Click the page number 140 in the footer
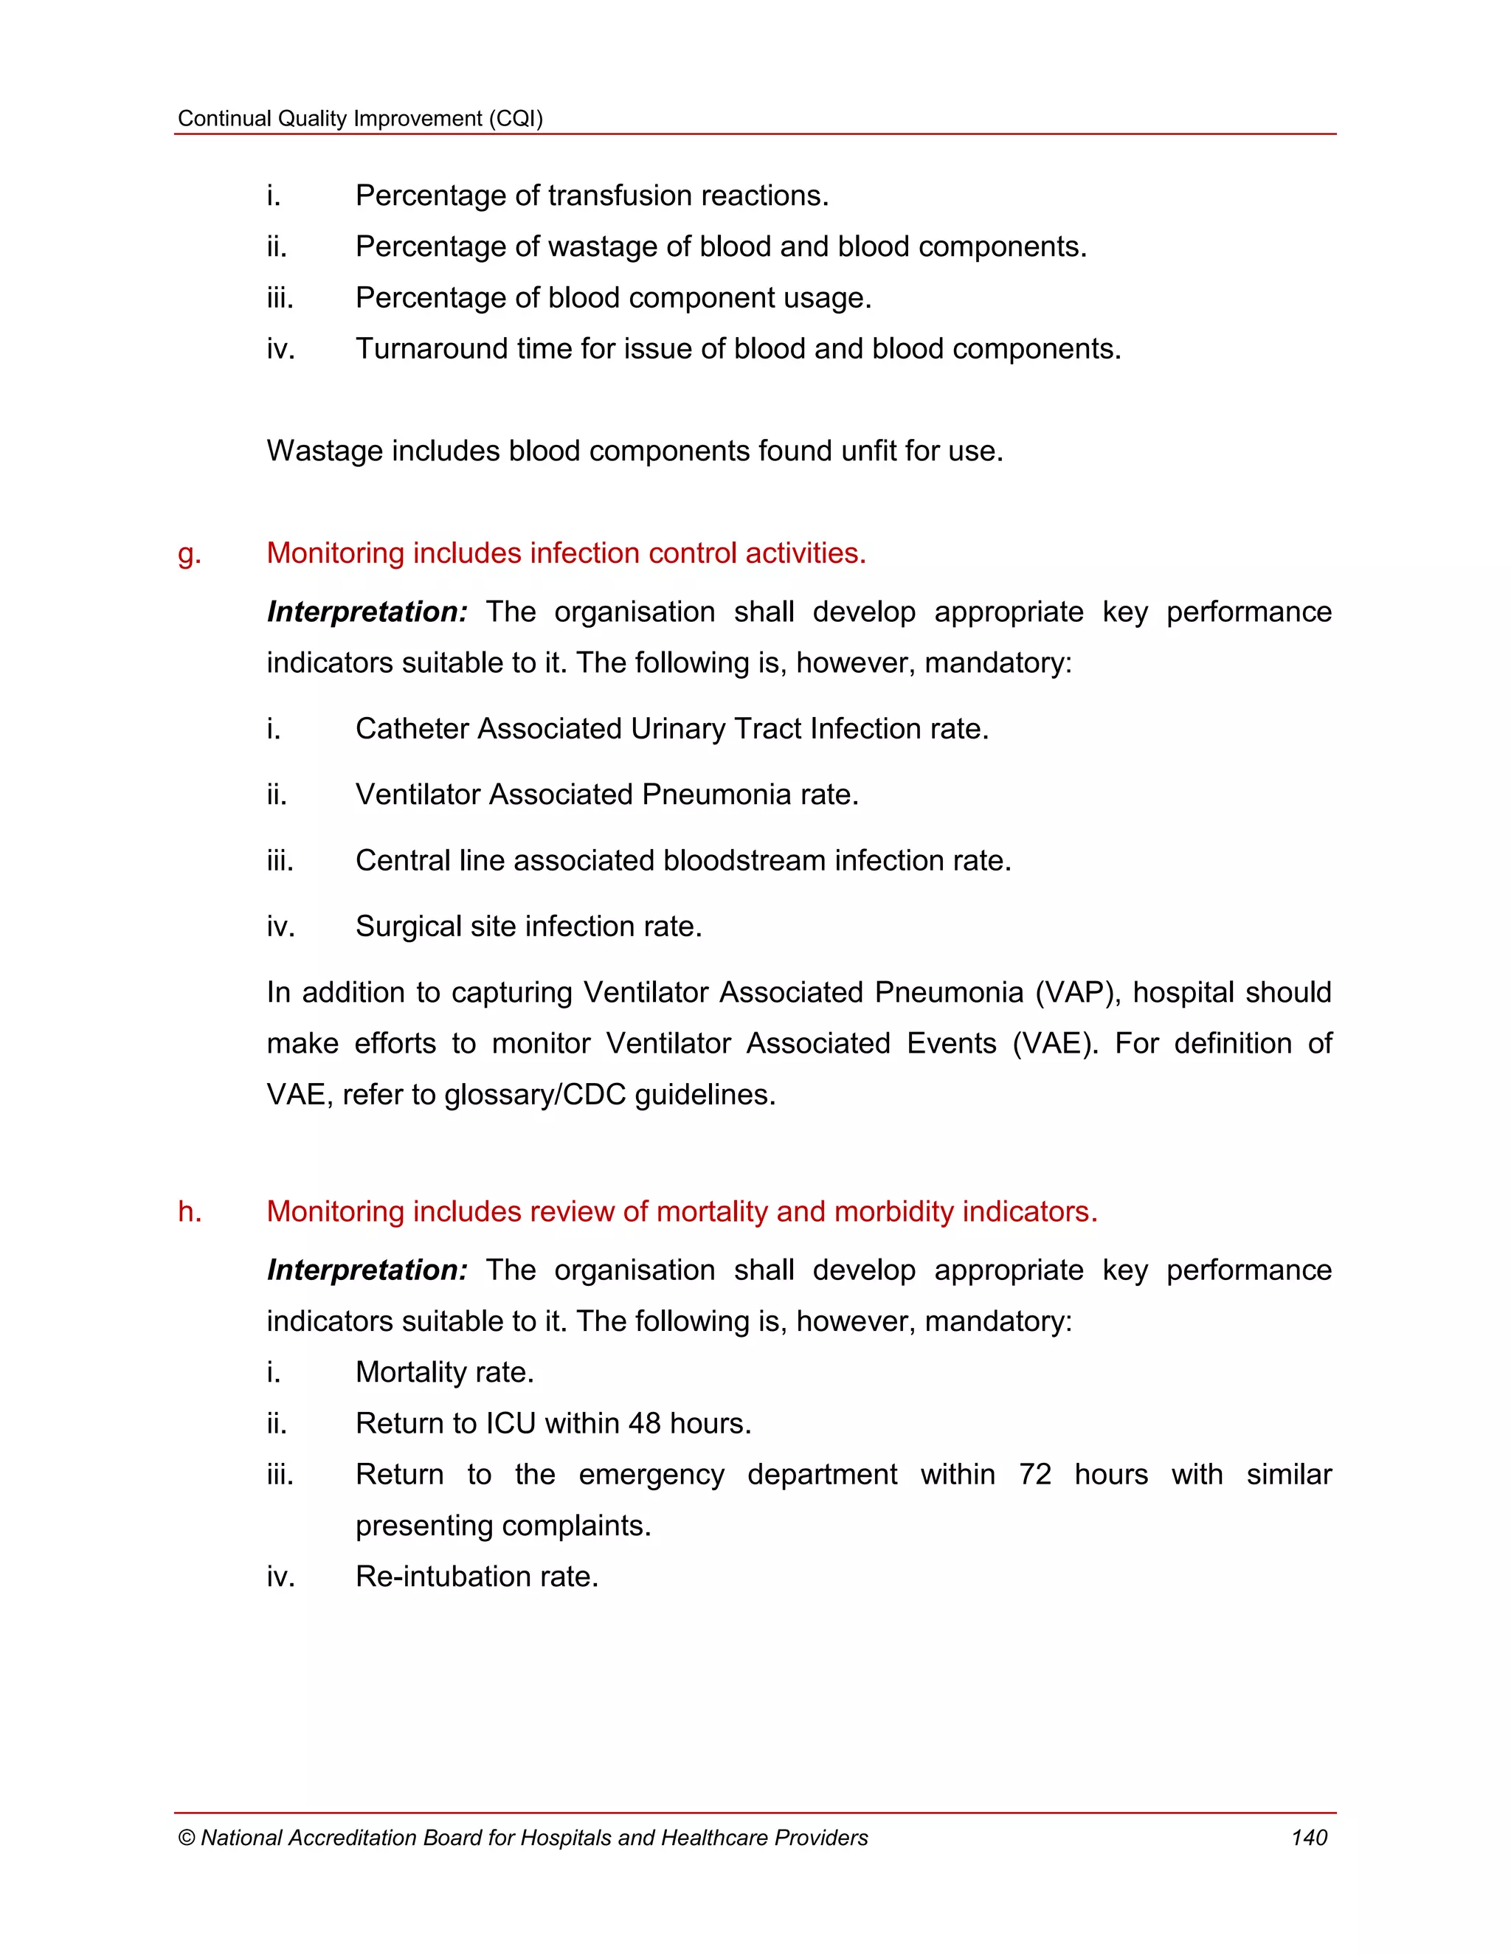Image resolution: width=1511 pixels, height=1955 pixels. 1308,1838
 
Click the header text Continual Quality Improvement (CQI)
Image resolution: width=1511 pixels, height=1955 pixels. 360,118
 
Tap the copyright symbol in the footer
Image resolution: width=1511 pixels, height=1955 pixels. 186,1838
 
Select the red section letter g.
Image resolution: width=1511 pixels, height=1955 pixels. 188,555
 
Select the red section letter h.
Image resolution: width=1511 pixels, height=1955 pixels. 189,1211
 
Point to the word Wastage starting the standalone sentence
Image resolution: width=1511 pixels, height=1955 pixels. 324,451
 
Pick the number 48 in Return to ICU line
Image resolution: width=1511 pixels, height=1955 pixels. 643,1423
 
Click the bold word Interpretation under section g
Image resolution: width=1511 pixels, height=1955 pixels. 366,612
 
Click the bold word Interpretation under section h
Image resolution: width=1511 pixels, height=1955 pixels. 366,1270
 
